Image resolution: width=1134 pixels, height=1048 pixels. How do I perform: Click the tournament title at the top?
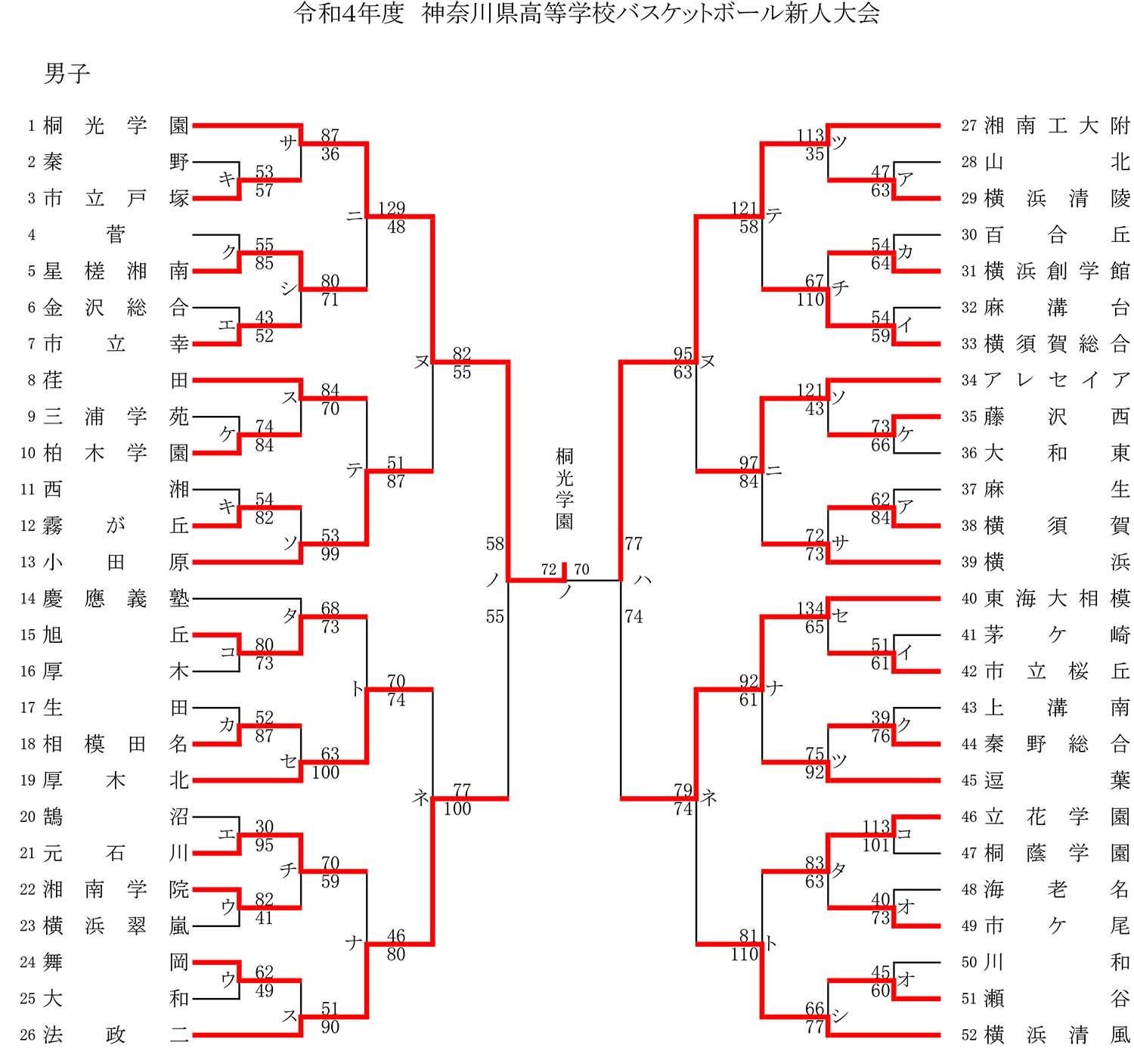(587, 14)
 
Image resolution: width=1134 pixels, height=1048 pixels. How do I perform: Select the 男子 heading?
(67, 73)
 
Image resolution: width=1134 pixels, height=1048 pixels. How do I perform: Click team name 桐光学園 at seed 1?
(116, 126)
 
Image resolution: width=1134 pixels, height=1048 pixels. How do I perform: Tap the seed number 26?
(28, 1035)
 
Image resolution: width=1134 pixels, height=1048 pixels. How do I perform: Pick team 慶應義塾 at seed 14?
(116, 599)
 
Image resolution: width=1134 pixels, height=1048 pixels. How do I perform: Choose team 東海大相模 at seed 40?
(1057, 599)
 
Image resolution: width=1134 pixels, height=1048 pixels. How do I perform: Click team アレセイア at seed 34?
(1057, 380)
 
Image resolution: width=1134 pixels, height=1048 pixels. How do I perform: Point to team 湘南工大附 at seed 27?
(1057, 126)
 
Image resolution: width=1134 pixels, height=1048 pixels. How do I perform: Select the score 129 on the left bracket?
(392, 208)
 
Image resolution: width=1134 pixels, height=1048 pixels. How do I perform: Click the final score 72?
(549, 569)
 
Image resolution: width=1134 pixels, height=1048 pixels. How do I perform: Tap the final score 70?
(581, 569)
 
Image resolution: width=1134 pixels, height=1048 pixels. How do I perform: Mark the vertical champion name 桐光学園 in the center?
(565, 488)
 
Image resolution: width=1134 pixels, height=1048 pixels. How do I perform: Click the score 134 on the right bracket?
(810, 608)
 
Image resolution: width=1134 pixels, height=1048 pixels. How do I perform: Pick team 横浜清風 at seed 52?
(1057, 1035)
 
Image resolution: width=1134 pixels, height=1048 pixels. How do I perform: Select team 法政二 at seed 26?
(116, 1035)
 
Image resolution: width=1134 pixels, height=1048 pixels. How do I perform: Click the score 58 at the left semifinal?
(494, 544)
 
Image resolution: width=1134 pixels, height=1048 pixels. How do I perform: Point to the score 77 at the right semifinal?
(634, 544)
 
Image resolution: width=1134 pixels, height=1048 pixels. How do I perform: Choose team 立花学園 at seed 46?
(1057, 817)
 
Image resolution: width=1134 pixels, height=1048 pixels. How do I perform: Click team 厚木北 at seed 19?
(116, 780)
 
